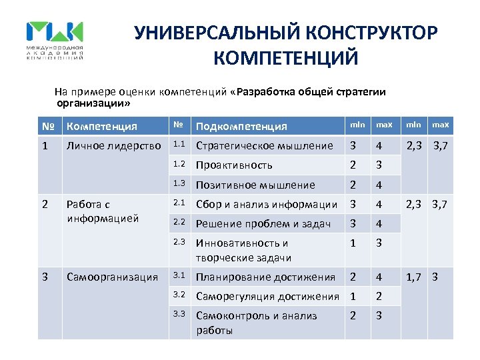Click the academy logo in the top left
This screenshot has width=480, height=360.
tap(55, 40)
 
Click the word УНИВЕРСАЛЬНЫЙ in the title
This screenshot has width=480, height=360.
tap(204, 33)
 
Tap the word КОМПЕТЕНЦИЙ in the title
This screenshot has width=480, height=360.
tap(286, 58)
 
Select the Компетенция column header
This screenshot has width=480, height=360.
tap(102, 126)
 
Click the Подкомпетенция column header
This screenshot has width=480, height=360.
tap(241, 126)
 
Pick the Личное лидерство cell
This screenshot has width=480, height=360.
tap(114, 145)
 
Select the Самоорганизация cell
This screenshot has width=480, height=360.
tap(112, 277)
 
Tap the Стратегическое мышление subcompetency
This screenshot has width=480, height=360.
tap(264, 145)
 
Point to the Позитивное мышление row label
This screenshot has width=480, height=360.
tap(255, 185)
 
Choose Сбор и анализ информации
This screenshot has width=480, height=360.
tap(266, 204)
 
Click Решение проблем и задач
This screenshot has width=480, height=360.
tap(263, 224)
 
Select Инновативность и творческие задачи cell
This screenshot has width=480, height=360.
tap(243, 251)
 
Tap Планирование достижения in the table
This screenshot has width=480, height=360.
tap(265, 277)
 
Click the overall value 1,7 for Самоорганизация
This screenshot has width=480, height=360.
tap(414, 277)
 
